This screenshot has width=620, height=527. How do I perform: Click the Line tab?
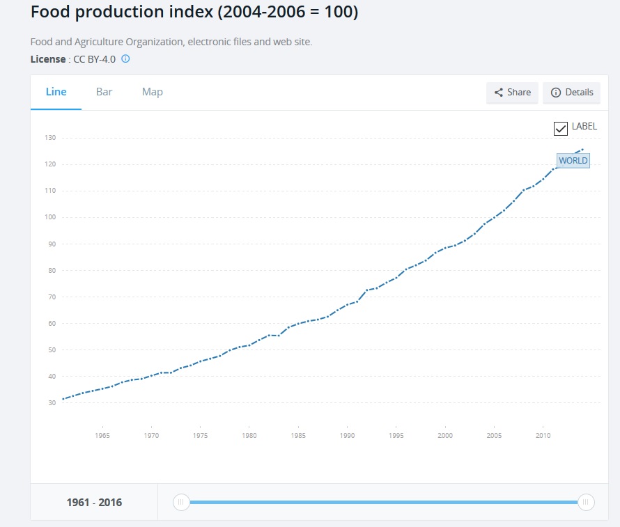56,92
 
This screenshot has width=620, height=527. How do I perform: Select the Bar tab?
104,92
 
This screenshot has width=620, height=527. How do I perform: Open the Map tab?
152,92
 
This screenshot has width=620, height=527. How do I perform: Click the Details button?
571,93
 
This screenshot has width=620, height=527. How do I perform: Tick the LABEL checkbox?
561,128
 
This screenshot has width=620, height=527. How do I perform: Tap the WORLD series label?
573,161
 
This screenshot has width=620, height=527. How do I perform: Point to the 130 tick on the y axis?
49,138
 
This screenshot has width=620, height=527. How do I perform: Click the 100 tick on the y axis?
49,217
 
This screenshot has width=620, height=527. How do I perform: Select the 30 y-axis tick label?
51,403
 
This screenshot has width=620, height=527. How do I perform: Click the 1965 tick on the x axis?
102,436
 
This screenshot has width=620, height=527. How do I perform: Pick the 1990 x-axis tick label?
347,436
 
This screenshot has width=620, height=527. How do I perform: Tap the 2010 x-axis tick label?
543,436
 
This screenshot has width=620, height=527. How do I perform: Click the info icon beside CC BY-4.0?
125,59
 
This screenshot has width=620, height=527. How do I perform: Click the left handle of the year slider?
181,502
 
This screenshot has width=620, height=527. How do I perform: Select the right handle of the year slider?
586,502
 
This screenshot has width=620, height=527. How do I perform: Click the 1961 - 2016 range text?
94,503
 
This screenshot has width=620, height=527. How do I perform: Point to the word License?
48,59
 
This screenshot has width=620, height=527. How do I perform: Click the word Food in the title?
50,13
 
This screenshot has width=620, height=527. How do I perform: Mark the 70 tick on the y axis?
51,297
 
